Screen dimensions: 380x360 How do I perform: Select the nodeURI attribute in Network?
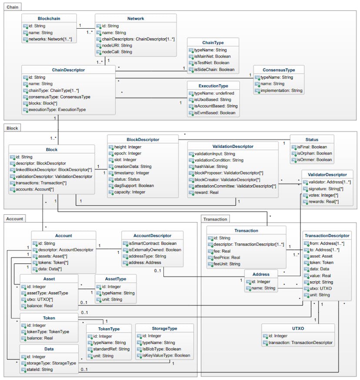tap(117, 45)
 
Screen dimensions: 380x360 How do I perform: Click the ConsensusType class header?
tap(279, 70)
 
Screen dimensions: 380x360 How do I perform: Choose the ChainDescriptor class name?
tap(68, 70)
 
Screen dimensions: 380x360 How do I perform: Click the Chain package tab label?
tap(13, 7)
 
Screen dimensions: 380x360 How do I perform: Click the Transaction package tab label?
tap(215, 219)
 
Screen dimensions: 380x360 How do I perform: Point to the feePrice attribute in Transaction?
tap(230, 257)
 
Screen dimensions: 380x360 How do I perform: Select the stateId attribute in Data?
tap(41, 370)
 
